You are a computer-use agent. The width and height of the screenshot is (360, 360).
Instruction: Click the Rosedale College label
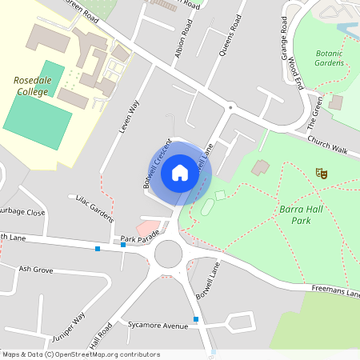32,86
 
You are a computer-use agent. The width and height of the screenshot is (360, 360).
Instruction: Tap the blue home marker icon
180,173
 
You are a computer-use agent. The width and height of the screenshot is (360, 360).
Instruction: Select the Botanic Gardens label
329,58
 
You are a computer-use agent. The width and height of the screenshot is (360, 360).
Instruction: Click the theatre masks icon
322,173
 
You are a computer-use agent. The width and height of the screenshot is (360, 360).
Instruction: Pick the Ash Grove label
36,270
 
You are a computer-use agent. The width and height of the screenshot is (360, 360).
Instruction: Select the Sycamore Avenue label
158,325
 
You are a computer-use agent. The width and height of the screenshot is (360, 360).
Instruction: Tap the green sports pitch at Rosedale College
35,105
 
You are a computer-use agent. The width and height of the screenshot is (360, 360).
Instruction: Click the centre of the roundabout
169,255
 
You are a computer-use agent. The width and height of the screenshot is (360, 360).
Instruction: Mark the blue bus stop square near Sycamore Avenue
196,320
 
